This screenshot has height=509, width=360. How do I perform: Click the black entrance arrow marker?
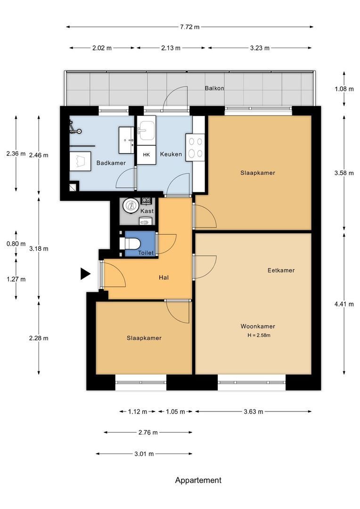click(x=85, y=274)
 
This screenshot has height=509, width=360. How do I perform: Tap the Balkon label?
click(x=214, y=88)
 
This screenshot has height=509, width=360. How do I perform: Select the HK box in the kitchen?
click(x=147, y=155)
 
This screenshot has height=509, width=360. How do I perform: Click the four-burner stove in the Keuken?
click(x=196, y=148)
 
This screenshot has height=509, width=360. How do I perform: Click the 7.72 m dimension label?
click(x=190, y=27)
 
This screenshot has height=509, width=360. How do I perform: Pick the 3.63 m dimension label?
click(x=253, y=411)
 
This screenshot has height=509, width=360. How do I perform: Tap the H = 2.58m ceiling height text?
click(x=259, y=336)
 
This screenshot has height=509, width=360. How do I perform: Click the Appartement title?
click(x=198, y=480)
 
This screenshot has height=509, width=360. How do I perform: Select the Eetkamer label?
click(x=281, y=270)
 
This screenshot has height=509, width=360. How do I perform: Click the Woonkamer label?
click(x=258, y=326)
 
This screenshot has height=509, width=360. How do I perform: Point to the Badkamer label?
click(x=111, y=163)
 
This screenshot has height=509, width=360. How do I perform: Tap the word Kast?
click(x=147, y=211)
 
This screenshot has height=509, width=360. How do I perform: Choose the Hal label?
click(x=164, y=278)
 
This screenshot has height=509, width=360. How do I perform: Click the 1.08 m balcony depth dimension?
click(x=344, y=89)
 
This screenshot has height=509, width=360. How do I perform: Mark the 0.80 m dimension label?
click(x=16, y=244)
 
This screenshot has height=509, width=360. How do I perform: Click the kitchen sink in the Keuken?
click(x=147, y=131)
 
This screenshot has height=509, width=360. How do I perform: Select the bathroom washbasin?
click(x=127, y=140)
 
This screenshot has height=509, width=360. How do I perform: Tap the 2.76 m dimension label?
click(x=148, y=432)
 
